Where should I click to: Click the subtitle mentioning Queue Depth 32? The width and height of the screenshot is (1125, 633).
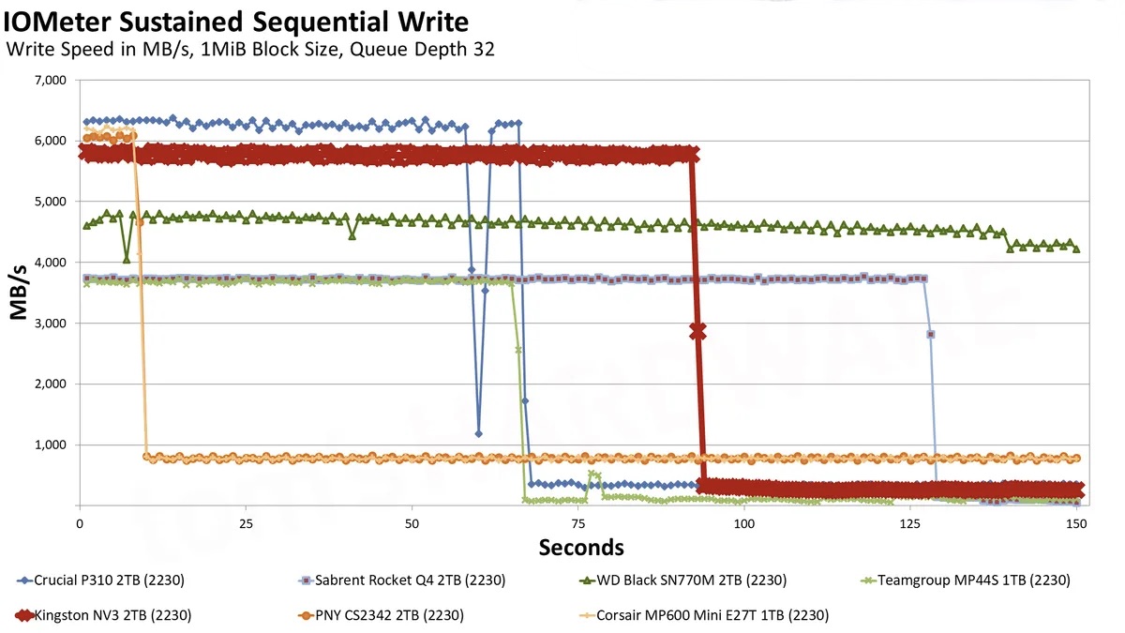[250, 49]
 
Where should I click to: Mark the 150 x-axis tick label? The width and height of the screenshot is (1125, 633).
[1076, 522]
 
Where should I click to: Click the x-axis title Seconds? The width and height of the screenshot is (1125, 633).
[581, 547]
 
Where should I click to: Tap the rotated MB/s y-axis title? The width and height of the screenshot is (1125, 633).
[20, 293]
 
